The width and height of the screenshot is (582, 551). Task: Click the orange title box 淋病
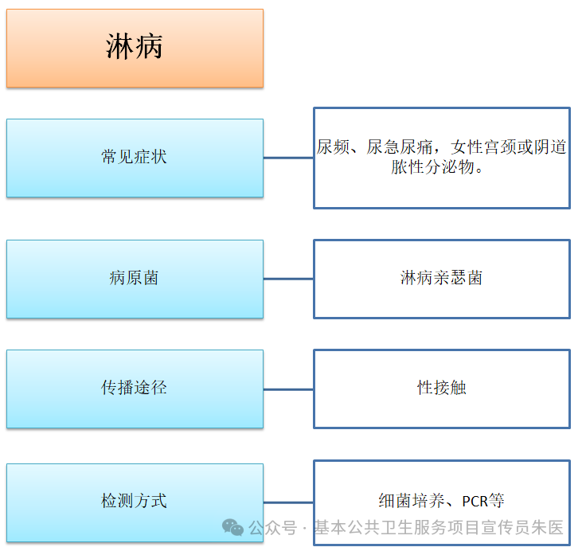pyautogui.click(x=135, y=48)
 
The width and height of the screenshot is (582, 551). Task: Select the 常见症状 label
pyautogui.click(x=135, y=157)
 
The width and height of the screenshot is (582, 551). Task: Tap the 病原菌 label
pyautogui.click(x=135, y=279)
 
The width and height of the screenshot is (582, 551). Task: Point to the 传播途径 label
pyautogui.click(x=135, y=388)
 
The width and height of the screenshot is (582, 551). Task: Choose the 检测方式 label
pyautogui.click(x=135, y=501)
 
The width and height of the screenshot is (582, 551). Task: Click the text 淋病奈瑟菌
pyautogui.click(x=441, y=278)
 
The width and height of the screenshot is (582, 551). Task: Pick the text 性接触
pyautogui.click(x=441, y=388)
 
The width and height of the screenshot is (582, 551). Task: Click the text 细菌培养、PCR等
pyautogui.click(x=441, y=501)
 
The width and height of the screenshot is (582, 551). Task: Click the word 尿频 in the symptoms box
pyautogui.click(x=334, y=147)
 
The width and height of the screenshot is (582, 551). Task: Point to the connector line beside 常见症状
pyautogui.click(x=288, y=158)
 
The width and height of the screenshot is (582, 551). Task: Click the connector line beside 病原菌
pyautogui.click(x=288, y=279)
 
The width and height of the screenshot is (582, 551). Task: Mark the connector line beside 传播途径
pyautogui.click(x=288, y=389)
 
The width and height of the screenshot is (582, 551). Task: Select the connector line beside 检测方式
pyautogui.click(x=288, y=502)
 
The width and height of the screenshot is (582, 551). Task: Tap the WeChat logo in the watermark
pyautogui.click(x=233, y=527)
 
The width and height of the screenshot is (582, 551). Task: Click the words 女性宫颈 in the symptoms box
pyautogui.click(x=479, y=147)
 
